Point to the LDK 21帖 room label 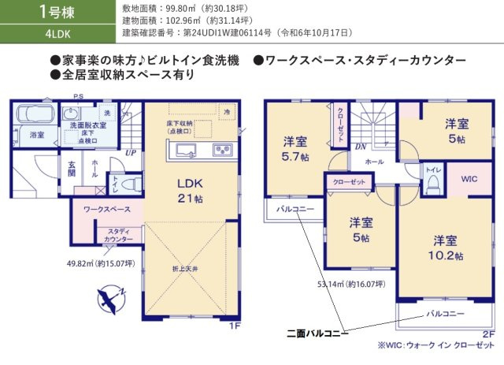click(x=190, y=190)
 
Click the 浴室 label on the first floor click(x=37, y=136)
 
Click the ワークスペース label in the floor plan click(x=102, y=210)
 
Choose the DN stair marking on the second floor click(x=358, y=147)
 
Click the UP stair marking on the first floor click(x=130, y=153)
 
